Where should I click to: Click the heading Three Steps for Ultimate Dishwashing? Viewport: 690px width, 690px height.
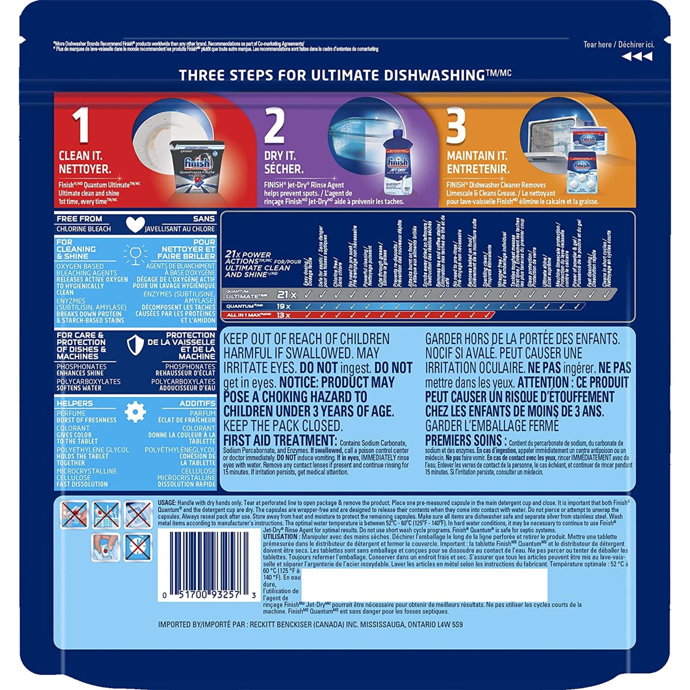pos(345,75)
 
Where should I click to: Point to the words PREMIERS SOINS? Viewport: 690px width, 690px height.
pos(466,439)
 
